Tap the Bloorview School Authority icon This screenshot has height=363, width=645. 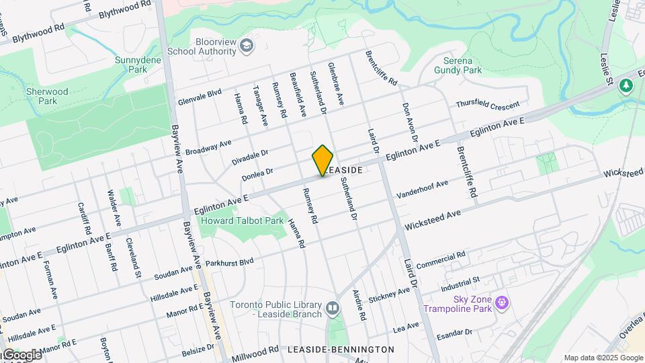click(x=247, y=45)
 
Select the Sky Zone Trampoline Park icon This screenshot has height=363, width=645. click(x=501, y=304)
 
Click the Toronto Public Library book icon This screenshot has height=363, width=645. click(x=333, y=309)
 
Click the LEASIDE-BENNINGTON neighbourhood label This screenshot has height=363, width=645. click(x=341, y=350)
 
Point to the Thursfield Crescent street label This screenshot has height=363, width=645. click(x=488, y=106)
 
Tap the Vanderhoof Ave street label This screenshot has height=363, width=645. click(x=422, y=188)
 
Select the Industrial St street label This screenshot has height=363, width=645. click(x=460, y=284)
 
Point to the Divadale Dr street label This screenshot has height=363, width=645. click(x=250, y=157)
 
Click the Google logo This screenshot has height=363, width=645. click(x=21, y=355)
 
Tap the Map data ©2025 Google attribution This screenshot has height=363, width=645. click(x=603, y=358)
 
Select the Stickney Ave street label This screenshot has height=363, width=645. click(x=389, y=294)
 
